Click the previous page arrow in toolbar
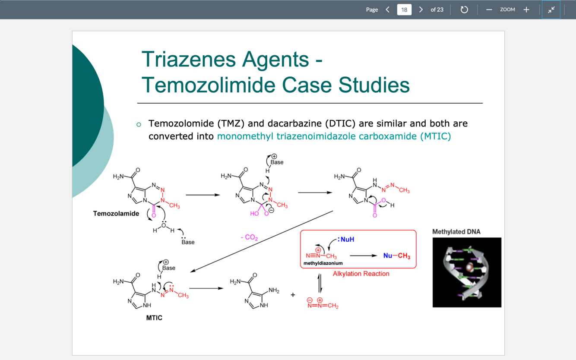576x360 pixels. point(388,9)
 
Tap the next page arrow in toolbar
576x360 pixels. point(421,9)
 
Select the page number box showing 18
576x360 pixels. point(404,9)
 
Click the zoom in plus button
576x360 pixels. point(526,9)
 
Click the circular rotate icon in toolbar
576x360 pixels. point(464,9)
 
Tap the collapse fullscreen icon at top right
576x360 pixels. point(551,9)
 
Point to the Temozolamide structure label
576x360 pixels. point(116,213)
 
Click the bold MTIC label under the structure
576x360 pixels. point(154,318)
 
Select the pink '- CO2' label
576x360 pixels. point(249,237)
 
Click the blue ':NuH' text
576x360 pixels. point(346,239)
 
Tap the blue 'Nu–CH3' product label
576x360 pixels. point(397,256)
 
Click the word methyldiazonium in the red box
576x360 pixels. point(323,263)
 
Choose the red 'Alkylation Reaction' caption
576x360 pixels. point(361,274)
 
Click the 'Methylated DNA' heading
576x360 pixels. point(456,232)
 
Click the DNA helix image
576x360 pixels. point(467,272)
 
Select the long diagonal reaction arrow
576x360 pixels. point(262,241)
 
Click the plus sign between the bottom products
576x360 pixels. point(293,295)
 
